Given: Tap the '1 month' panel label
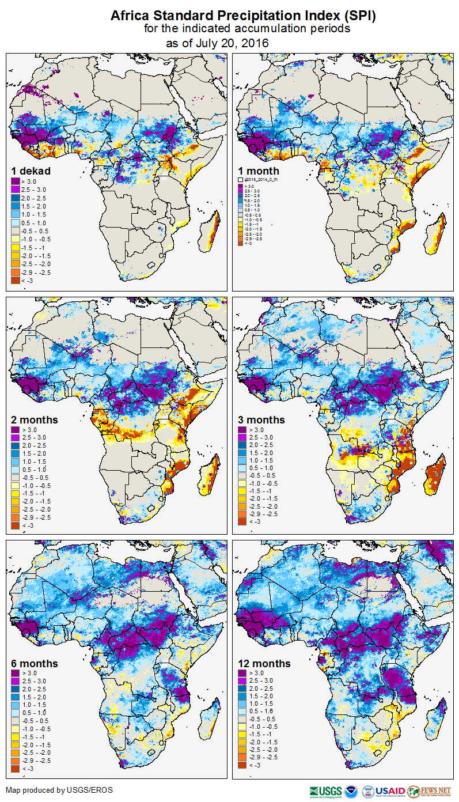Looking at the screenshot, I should coord(259,171).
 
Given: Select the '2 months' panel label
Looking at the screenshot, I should coord(35,420).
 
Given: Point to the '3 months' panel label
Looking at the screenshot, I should coord(261,420).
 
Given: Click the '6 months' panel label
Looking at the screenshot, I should coord(35,664).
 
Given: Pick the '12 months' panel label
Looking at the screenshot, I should coord(264,664).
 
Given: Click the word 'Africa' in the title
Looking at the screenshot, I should coord(130,16).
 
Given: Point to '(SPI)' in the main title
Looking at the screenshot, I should coord(361,16).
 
